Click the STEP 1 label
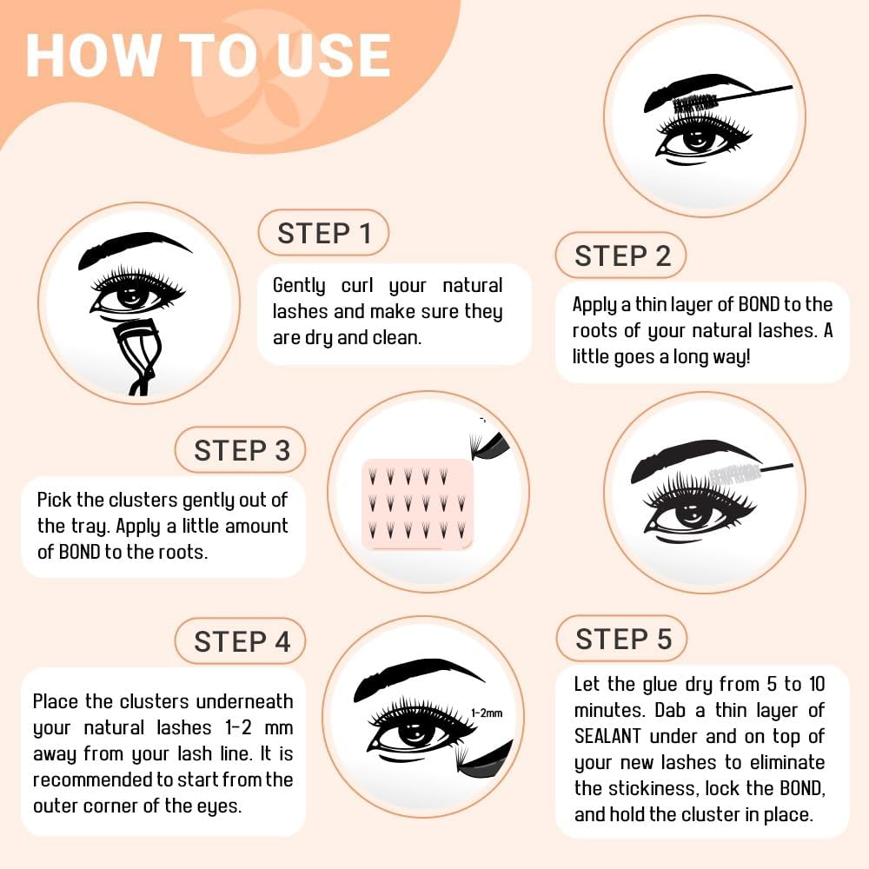(x=323, y=233)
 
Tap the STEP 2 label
(x=621, y=255)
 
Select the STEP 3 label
(x=241, y=450)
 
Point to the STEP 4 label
(x=241, y=641)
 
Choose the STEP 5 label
(x=622, y=639)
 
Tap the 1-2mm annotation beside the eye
(x=487, y=713)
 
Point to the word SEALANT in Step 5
(x=607, y=736)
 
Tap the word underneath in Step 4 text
(x=244, y=701)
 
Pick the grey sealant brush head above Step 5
(x=735, y=474)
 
